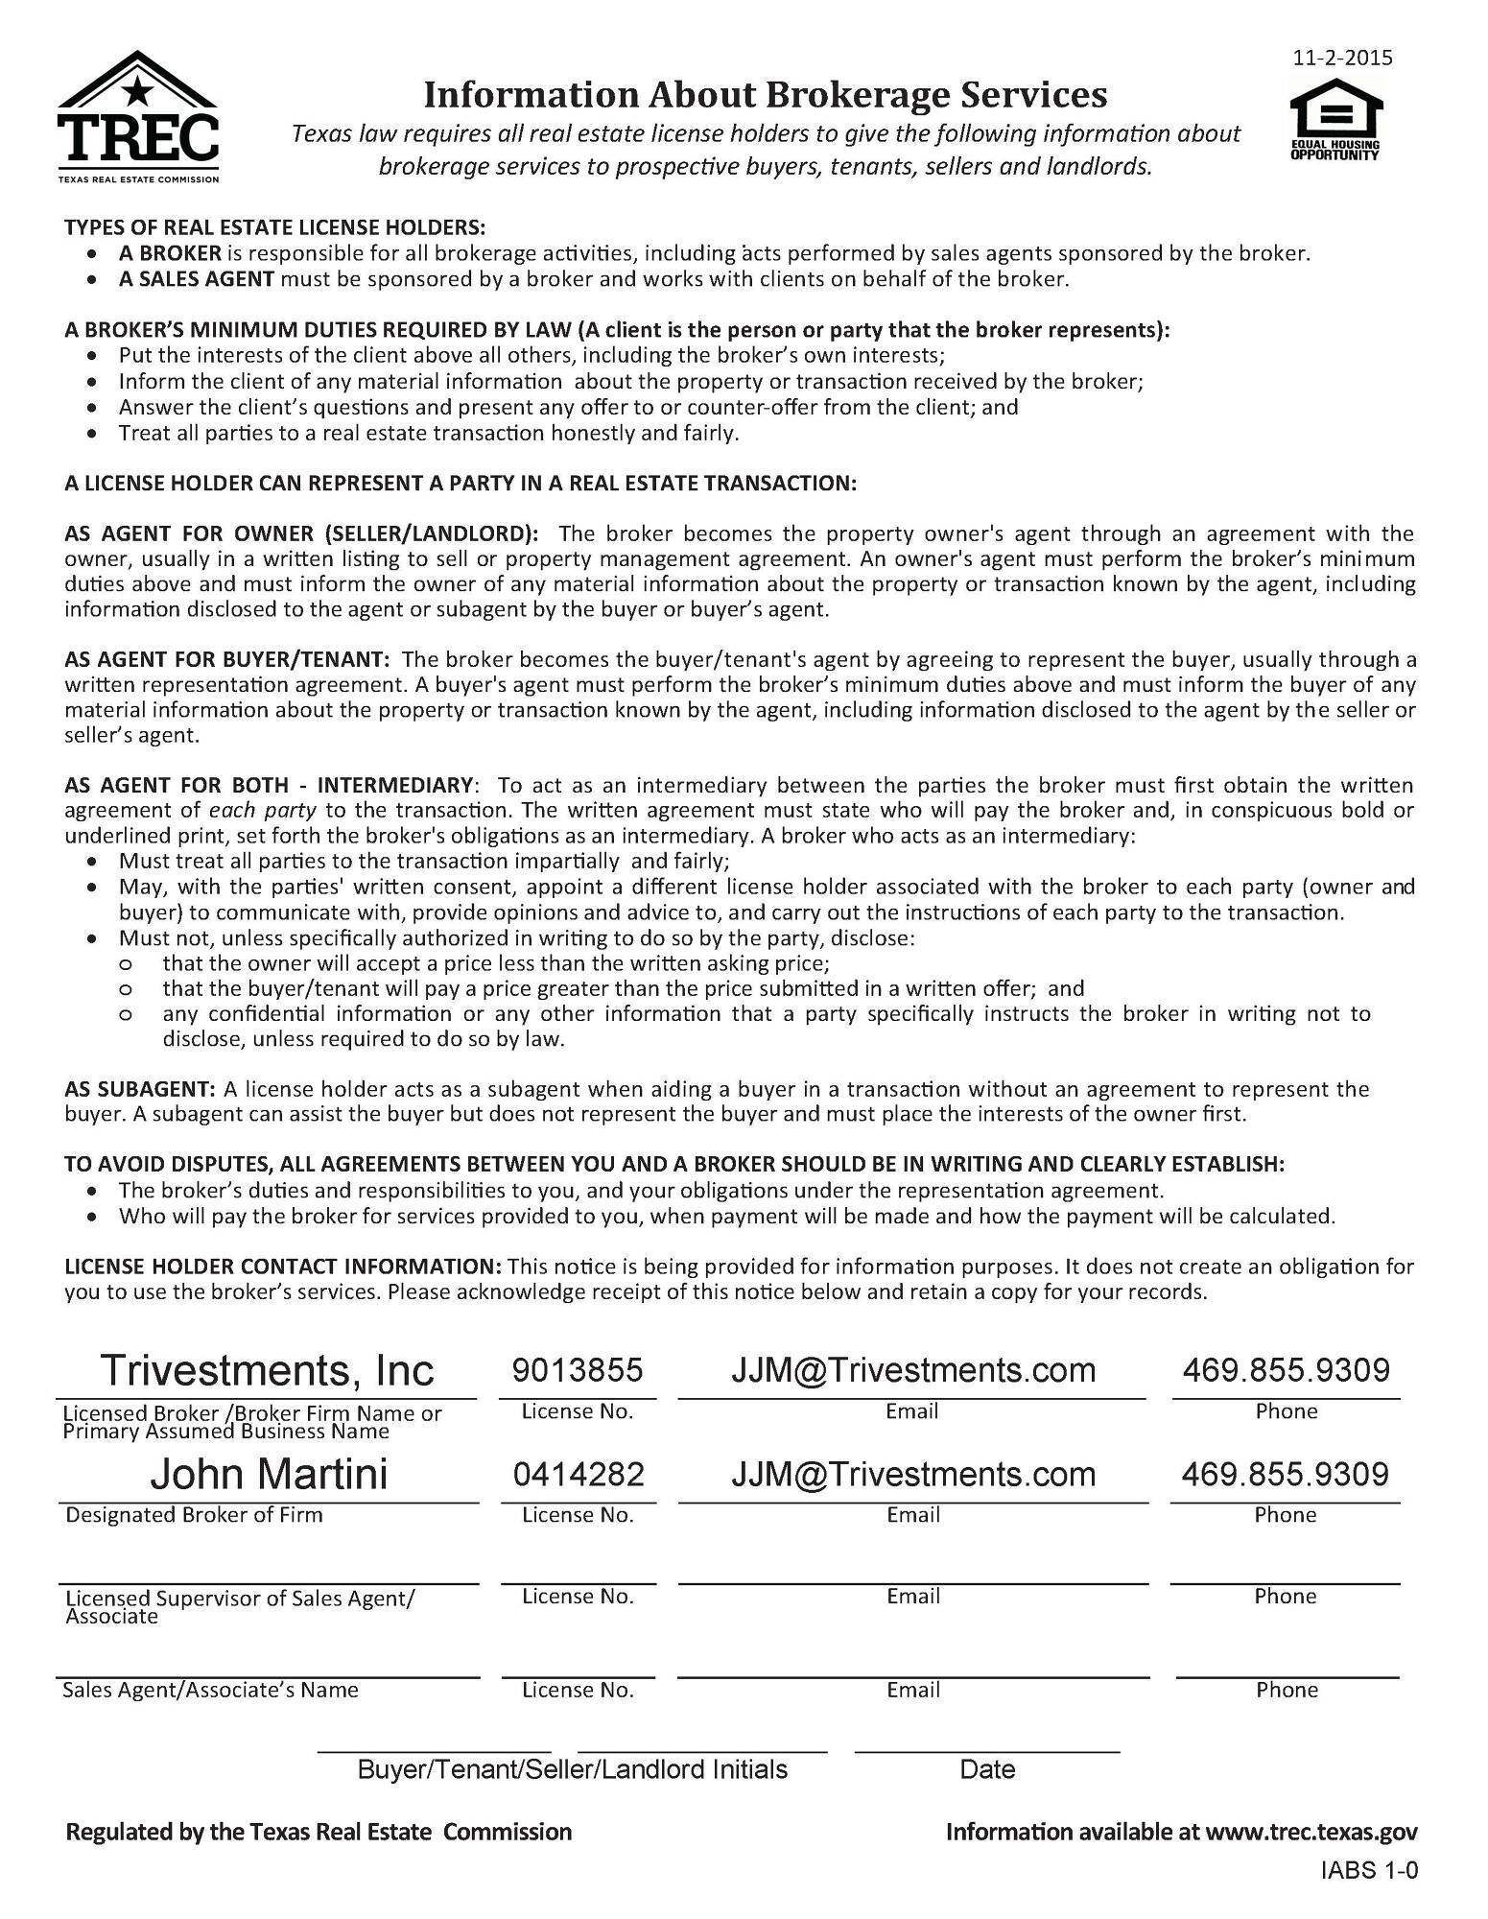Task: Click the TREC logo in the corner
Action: pyautogui.click(x=138, y=117)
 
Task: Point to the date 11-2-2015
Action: pyautogui.click(x=1342, y=58)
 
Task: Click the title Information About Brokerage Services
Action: pyautogui.click(x=765, y=95)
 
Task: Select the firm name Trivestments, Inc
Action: pyautogui.click(x=267, y=1370)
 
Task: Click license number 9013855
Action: pyautogui.click(x=578, y=1370)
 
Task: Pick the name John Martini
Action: pyautogui.click(x=269, y=1474)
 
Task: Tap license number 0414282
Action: pyautogui.click(x=578, y=1474)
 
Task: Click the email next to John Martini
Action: pyautogui.click(x=912, y=1474)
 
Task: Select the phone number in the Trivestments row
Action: pyautogui.click(x=1286, y=1370)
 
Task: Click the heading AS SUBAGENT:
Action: pyautogui.click(x=140, y=1089)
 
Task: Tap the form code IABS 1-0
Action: pyautogui.click(x=1369, y=1870)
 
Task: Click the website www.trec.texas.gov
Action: pyautogui.click(x=1311, y=1832)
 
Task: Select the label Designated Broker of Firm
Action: pyautogui.click(x=194, y=1515)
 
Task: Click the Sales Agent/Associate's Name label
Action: pyautogui.click(x=210, y=1690)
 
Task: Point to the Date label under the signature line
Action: pyautogui.click(x=987, y=1769)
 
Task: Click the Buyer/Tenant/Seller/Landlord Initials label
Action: pyautogui.click(x=572, y=1769)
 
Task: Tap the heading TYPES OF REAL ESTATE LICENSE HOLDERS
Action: pyautogui.click(x=275, y=227)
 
